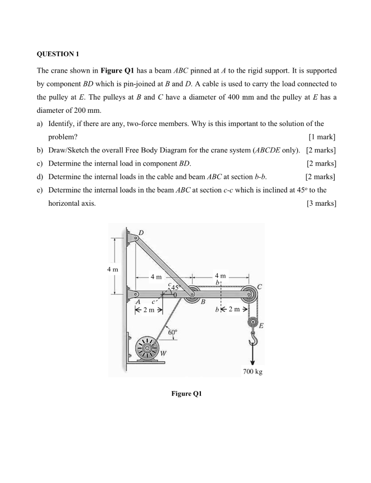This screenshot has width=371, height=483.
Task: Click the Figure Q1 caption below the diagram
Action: (x=186, y=393)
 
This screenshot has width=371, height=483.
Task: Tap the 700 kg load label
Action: (x=252, y=372)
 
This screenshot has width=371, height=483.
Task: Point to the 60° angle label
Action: (x=173, y=333)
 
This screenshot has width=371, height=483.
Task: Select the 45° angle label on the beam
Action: (x=176, y=287)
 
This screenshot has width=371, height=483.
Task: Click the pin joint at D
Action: (x=136, y=239)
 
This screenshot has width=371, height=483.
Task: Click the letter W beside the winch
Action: (x=163, y=353)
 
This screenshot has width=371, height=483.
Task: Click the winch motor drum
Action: (x=147, y=349)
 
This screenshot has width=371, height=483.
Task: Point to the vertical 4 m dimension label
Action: (x=112, y=269)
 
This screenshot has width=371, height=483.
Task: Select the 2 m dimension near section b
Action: (x=234, y=310)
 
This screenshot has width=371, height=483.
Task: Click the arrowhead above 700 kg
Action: (x=253, y=362)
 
